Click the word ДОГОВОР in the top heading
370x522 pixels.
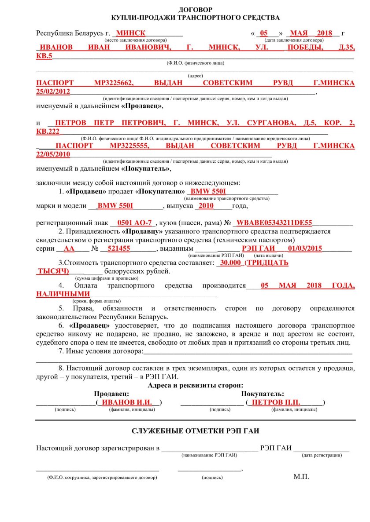pos(196,9)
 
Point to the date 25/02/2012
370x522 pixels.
pos(53,91)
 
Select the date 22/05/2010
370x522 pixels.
pos(53,154)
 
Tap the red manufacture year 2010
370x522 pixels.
pos(206,205)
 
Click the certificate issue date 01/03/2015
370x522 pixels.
pos(305,248)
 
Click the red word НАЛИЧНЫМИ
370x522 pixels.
pos(63,293)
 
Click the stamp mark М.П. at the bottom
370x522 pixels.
pos(301,477)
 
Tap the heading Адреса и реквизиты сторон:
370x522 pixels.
pos(196,385)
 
